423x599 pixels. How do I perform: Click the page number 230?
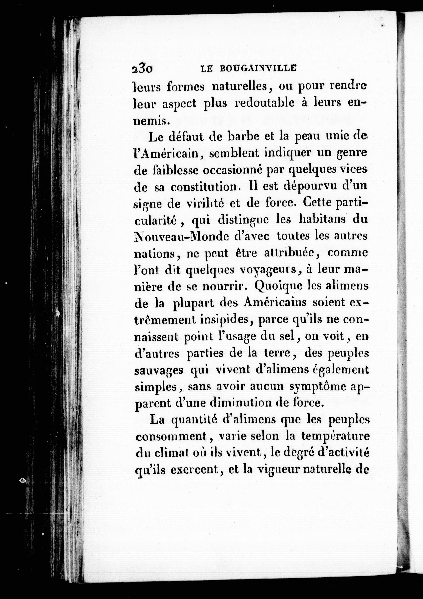click(142, 69)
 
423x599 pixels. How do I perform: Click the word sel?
click(287, 337)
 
